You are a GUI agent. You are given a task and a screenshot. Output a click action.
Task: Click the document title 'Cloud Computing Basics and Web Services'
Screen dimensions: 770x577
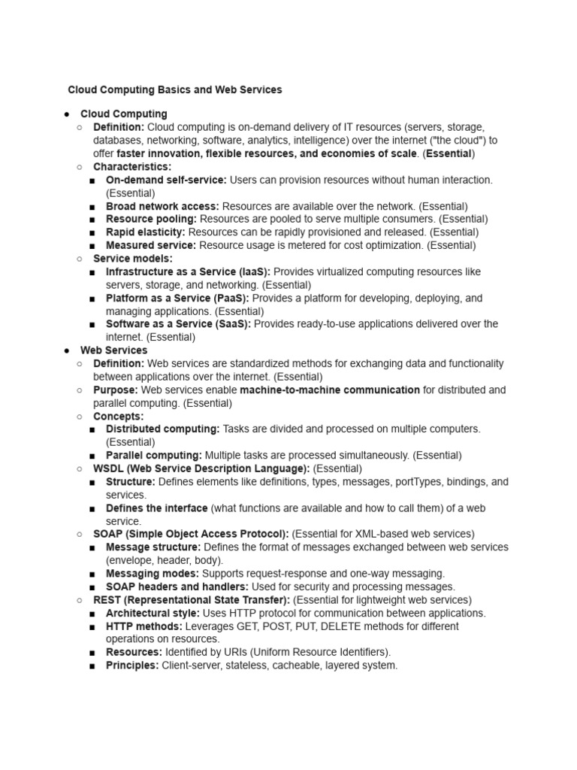[175, 89]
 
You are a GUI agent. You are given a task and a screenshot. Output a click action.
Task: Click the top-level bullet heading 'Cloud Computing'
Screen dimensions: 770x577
[124, 114]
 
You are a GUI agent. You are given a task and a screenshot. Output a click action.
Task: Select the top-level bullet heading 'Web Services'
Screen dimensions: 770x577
[114, 350]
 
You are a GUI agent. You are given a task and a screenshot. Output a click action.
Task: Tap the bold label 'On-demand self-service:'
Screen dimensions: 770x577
[166, 180]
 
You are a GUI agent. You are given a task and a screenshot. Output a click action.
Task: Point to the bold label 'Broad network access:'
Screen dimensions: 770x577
[163, 206]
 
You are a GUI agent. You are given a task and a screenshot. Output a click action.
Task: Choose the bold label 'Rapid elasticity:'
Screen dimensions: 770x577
[146, 232]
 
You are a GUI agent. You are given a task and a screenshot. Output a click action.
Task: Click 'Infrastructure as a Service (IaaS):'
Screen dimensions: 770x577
[189, 271]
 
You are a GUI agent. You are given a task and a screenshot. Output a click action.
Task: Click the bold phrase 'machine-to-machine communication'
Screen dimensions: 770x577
[330, 390]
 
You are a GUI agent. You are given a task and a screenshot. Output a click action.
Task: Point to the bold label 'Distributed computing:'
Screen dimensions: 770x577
[163, 429]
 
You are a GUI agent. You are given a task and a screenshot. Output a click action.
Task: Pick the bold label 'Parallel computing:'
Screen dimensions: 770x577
[154, 455]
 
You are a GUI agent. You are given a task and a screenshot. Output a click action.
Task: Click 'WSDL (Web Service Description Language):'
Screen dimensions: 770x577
[201, 468]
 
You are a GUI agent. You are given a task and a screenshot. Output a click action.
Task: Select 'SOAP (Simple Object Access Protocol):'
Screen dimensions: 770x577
[191, 534]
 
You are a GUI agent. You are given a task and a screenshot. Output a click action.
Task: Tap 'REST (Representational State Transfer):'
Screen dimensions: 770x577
[192, 599]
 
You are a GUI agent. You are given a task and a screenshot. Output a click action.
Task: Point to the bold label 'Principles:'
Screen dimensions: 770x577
[132, 665]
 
